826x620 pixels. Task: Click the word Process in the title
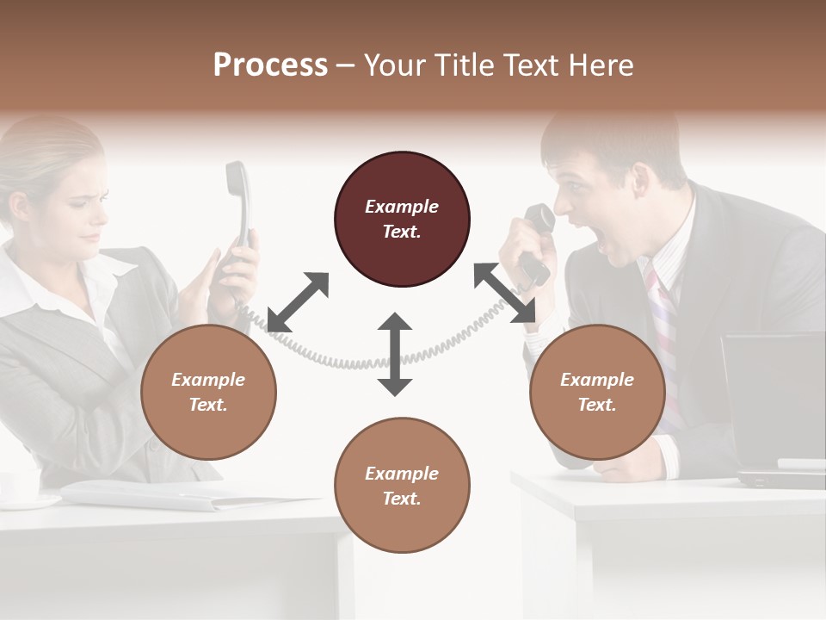pyautogui.click(x=270, y=65)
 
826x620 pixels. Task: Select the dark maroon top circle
pyautogui.click(x=402, y=219)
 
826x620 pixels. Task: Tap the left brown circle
pyautogui.click(x=208, y=392)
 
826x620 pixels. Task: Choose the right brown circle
pyautogui.click(x=597, y=392)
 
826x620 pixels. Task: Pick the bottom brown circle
pyautogui.click(x=402, y=486)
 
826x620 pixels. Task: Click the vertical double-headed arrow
pyautogui.click(x=395, y=354)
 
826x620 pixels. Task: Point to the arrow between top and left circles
pyautogui.click(x=298, y=301)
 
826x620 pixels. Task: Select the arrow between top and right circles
pyautogui.click(x=504, y=293)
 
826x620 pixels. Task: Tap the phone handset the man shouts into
pyautogui.click(x=539, y=232)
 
